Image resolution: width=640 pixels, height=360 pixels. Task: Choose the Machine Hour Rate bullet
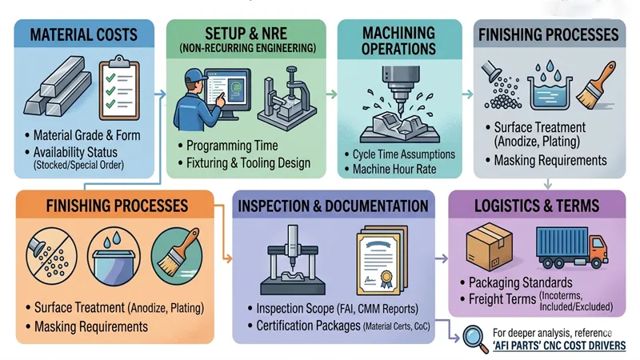coord(400,170)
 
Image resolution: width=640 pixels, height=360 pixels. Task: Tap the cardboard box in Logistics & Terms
coord(489,244)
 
